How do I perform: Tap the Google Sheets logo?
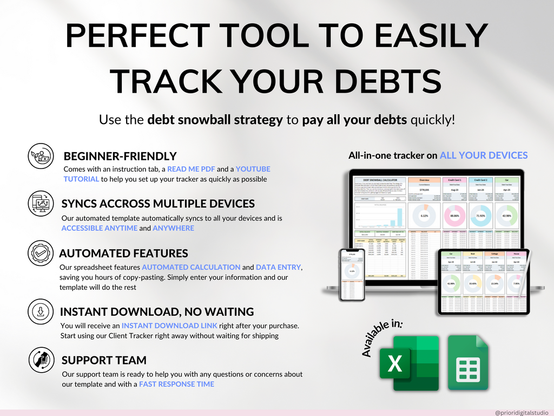469,362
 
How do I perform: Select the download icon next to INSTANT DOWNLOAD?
41,312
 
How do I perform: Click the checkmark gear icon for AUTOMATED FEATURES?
41,253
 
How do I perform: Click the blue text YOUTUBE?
253,169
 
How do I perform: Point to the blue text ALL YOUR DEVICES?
483,155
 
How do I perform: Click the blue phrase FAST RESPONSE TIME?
176,384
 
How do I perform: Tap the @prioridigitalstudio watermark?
521,412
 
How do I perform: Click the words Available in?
382,338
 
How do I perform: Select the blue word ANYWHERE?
173,228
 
